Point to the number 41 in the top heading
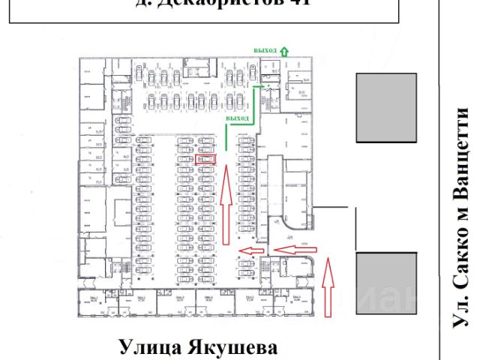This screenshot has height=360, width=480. click(x=295, y=3)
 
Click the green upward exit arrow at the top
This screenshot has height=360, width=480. click(x=285, y=50)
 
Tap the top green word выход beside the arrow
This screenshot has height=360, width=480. click(x=265, y=51)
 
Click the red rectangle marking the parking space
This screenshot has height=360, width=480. click(x=205, y=159)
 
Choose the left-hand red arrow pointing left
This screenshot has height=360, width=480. click(x=250, y=251)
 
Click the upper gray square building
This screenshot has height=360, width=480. click(x=386, y=108)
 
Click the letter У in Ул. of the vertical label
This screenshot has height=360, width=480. click(x=463, y=322)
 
